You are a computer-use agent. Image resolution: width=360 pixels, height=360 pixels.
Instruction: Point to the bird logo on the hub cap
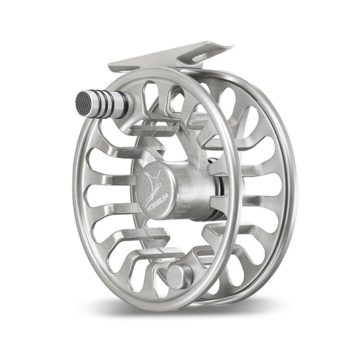pos(154,178)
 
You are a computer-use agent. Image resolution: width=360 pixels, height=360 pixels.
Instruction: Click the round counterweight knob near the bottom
pos(178,275)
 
